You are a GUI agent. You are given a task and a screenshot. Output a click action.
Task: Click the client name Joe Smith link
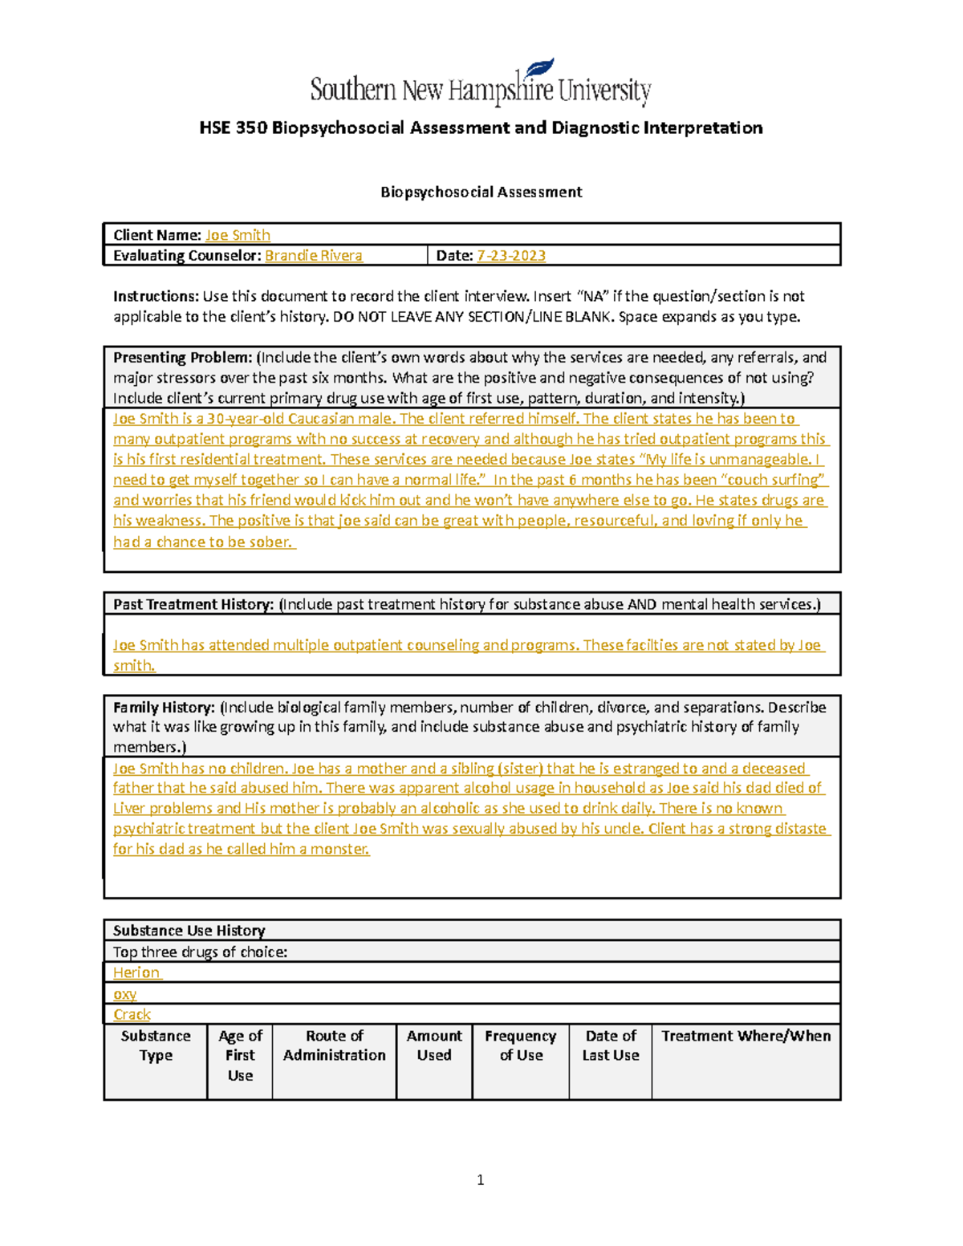pyautogui.click(x=238, y=235)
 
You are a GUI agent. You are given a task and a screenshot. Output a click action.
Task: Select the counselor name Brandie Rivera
pyautogui.click(x=313, y=255)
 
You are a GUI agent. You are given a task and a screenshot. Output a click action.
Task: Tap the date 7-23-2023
pyautogui.click(x=511, y=255)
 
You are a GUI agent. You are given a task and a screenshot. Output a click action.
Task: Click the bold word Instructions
pyautogui.click(x=155, y=296)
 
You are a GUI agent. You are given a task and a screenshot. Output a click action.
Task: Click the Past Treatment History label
pyautogui.click(x=193, y=604)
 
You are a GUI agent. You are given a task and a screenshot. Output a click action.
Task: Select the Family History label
pyautogui.click(x=164, y=708)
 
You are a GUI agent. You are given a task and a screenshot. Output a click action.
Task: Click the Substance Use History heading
pyautogui.click(x=189, y=931)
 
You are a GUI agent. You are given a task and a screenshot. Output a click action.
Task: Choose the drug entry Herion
pyautogui.click(x=136, y=972)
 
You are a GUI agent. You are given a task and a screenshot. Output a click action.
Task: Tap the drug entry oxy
pyautogui.click(x=124, y=994)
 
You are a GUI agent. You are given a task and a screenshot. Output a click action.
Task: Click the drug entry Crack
pyautogui.click(x=132, y=1015)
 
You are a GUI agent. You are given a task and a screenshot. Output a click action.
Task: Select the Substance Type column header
pyautogui.click(x=156, y=1045)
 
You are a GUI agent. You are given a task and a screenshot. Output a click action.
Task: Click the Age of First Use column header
pyautogui.click(x=240, y=1055)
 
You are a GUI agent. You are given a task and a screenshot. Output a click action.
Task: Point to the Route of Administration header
pyautogui.click(x=334, y=1045)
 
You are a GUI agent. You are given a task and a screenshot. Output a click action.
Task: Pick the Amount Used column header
pyautogui.click(x=434, y=1045)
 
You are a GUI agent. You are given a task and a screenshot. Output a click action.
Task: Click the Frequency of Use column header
pyautogui.click(x=521, y=1045)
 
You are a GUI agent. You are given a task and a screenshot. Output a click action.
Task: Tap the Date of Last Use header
pyautogui.click(x=611, y=1045)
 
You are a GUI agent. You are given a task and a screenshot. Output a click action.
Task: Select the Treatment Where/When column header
pyautogui.click(x=746, y=1036)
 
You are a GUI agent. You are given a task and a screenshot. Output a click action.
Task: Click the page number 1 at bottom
pyautogui.click(x=480, y=1179)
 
